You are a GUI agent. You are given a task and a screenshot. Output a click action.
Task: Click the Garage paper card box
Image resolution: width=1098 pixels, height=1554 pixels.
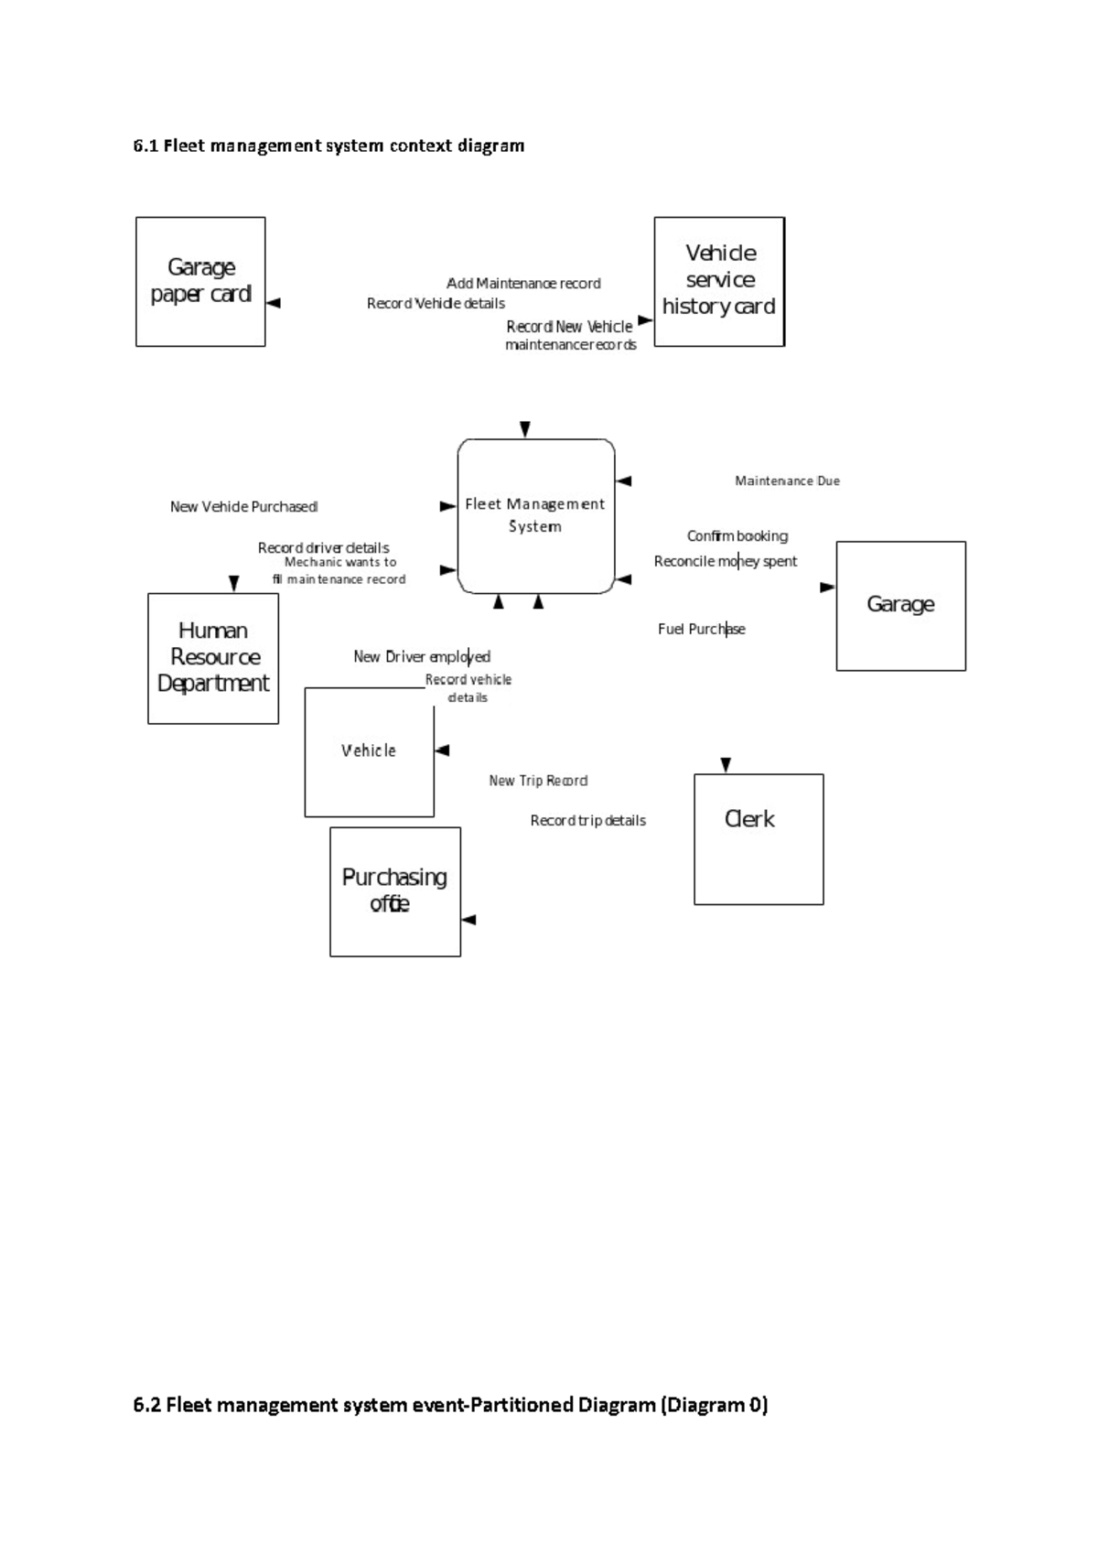(x=200, y=282)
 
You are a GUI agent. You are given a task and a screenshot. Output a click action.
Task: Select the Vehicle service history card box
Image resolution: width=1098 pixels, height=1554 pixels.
(x=719, y=282)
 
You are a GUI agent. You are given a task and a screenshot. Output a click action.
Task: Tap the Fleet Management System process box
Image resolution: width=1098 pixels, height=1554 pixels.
(x=536, y=515)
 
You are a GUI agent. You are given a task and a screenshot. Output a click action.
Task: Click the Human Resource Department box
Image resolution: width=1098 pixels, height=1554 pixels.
(x=213, y=658)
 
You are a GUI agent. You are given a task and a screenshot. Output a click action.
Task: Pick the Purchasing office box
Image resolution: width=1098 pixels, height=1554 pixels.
(x=395, y=891)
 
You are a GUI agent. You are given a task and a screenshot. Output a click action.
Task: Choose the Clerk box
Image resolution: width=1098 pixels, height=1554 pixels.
(x=759, y=839)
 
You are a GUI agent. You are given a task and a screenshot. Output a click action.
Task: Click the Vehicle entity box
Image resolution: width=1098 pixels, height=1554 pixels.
(x=369, y=751)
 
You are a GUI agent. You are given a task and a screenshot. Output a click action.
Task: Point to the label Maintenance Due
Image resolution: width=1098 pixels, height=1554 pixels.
(x=787, y=480)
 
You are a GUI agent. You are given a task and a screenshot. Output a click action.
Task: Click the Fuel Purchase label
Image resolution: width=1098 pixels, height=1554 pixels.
(x=701, y=629)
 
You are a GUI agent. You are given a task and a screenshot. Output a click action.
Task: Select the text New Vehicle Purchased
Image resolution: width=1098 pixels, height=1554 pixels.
(x=243, y=506)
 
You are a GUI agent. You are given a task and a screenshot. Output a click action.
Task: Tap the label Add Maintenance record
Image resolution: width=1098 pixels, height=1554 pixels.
(x=523, y=283)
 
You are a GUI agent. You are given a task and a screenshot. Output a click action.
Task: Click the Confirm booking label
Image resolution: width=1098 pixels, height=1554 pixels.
(x=737, y=535)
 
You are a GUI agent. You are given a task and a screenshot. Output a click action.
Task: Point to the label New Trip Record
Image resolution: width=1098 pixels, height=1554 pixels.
(x=538, y=781)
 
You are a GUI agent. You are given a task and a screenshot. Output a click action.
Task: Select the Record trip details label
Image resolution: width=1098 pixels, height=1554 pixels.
(x=587, y=820)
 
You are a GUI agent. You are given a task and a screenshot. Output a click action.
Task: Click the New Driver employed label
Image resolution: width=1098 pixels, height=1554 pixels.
(x=422, y=656)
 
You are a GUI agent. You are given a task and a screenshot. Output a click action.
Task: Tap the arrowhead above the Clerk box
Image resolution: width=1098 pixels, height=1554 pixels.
(x=726, y=765)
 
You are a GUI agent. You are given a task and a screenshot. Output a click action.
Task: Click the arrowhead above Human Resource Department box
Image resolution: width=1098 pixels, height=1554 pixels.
(x=233, y=583)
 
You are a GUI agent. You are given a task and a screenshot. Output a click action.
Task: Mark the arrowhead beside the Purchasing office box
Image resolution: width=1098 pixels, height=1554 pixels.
(x=469, y=920)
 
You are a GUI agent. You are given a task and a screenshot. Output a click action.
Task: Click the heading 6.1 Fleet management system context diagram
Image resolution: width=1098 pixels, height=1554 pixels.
(x=328, y=146)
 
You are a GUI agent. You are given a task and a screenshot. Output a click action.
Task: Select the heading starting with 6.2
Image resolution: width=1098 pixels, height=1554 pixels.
(x=450, y=1404)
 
